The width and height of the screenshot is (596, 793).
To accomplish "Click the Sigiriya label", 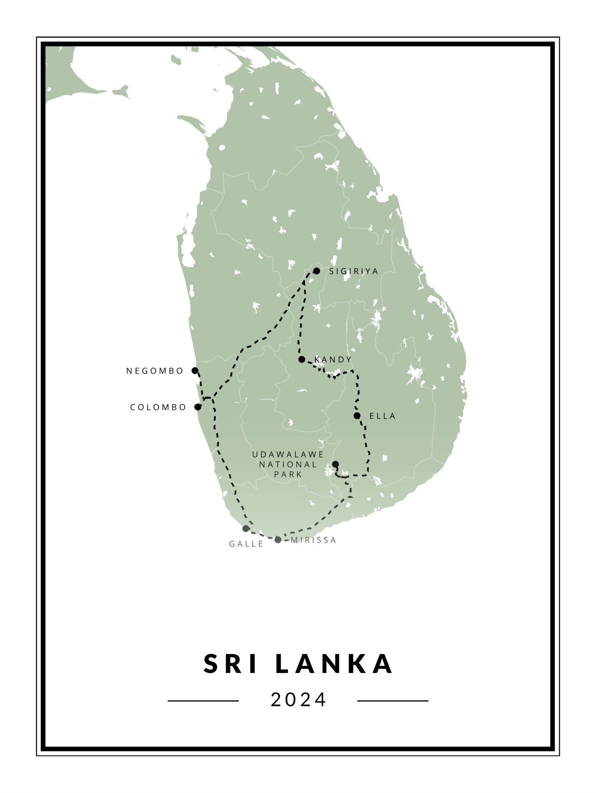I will click(353, 271).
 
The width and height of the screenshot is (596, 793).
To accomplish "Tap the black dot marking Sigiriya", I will click(316, 271).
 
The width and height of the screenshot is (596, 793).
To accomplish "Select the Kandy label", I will click(333, 359).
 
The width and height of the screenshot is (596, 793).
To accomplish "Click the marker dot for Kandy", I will click(302, 359).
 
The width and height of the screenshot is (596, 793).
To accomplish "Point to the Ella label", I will click(382, 416).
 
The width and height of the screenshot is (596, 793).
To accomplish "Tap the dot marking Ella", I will click(357, 415).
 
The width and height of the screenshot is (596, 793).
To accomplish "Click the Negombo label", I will click(155, 371).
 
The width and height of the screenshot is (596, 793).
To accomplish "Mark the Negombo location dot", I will click(195, 371).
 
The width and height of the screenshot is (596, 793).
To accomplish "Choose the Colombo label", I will click(158, 407).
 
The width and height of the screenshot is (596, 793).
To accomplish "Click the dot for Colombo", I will click(198, 407).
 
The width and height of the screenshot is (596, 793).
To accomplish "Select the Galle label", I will click(246, 544).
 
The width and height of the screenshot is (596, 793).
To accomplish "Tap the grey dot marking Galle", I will click(246, 529).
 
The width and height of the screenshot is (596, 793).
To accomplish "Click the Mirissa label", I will click(313, 540).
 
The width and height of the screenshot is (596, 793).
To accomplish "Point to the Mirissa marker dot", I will click(278, 540).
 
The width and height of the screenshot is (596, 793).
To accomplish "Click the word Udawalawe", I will click(287, 454).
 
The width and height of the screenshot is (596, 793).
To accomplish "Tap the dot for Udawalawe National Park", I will click(335, 464).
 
